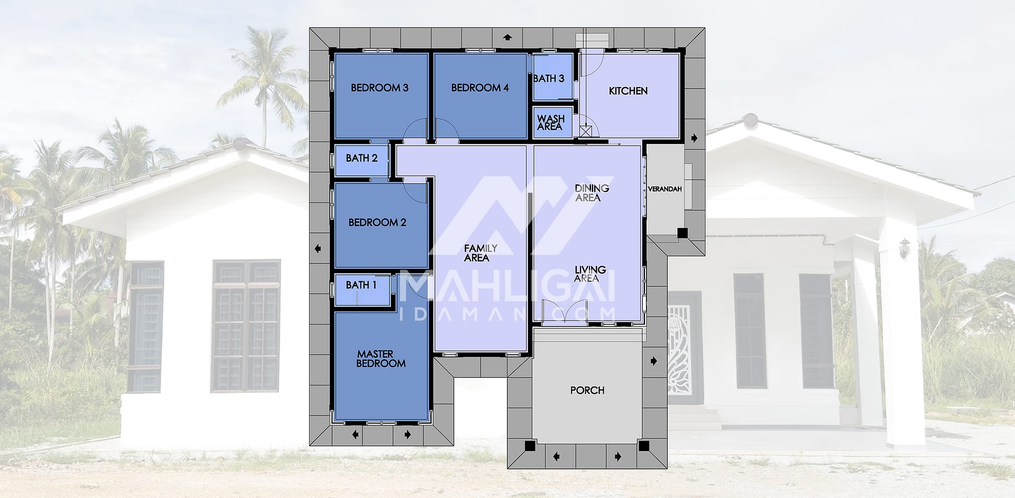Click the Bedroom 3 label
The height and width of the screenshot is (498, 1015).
tap(380, 88)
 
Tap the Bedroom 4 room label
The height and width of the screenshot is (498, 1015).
tap(480, 88)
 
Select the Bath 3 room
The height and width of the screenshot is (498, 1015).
tap(553, 78)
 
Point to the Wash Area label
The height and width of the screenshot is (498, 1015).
tap(551, 123)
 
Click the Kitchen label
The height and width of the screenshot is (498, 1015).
tap(628, 91)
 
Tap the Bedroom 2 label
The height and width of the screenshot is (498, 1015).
tap(377, 222)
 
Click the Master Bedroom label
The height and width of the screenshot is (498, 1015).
tap(381, 359)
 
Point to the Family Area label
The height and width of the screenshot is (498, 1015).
tap(480, 253)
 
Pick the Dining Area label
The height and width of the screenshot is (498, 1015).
tap(592, 193)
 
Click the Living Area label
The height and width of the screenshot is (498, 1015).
tap(590, 274)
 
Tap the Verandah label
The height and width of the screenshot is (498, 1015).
tap(665, 189)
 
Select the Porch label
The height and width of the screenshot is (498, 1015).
tap(587, 390)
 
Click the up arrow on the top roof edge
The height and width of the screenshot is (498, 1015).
tap(508, 37)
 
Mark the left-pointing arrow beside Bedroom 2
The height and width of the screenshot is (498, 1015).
tap(318, 249)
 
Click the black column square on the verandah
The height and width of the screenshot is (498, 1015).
tap(682, 232)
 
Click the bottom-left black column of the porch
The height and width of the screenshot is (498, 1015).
tap(529, 446)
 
